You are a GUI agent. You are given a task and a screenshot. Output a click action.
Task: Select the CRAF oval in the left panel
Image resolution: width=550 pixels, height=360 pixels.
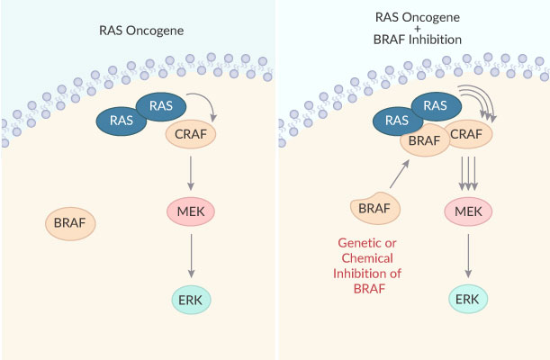pyautogui.click(x=185, y=136)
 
